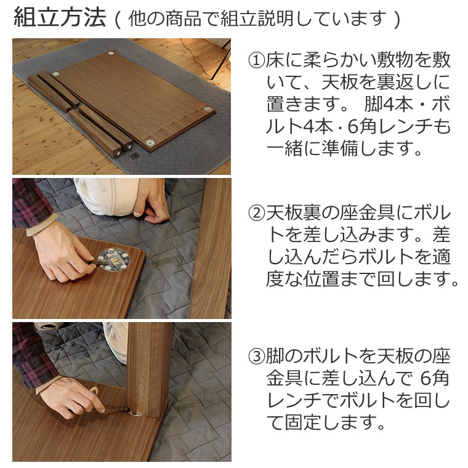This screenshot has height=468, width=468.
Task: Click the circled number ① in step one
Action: (256, 60)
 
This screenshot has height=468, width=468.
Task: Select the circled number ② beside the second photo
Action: (256, 214)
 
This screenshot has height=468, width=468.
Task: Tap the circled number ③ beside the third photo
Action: (256, 356)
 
